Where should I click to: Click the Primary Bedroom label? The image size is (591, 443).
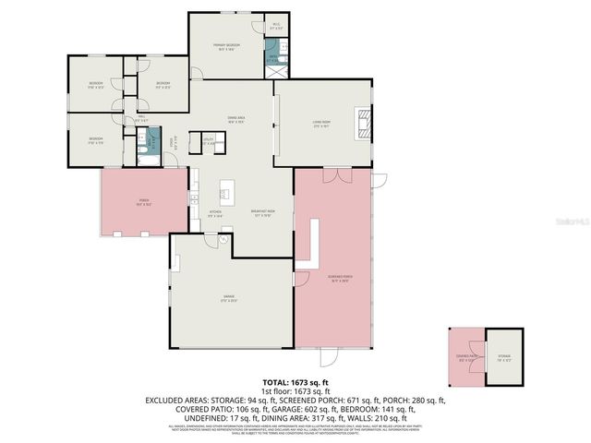pyautogui.click(x=229, y=46)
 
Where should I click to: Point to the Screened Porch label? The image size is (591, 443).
pyautogui.click(x=339, y=277)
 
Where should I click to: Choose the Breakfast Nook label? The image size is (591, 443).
pyautogui.click(x=263, y=213)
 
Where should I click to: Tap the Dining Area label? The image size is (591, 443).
pyautogui.click(x=235, y=119)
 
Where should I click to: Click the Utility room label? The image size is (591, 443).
pyautogui.click(x=208, y=141)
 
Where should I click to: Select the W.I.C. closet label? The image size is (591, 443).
pyautogui.click(x=276, y=27)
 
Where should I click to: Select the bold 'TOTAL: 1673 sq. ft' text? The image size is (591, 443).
pyautogui.click(x=295, y=382)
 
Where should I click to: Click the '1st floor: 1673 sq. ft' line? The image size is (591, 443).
pyautogui.click(x=295, y=390)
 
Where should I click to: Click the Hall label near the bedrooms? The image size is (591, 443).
pyautogui.click(x=142, y=118)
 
